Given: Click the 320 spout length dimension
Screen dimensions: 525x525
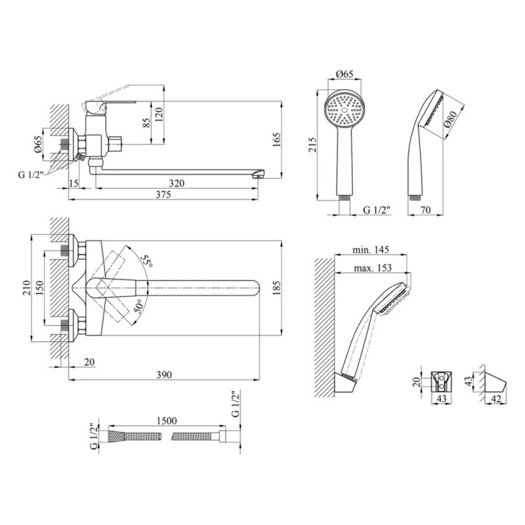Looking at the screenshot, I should (176, 184).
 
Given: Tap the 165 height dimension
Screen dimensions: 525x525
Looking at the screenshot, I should (276, 139).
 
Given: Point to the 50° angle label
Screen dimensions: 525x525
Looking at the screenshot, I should (138, 306).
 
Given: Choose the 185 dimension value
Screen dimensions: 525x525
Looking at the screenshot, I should (276, 287).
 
